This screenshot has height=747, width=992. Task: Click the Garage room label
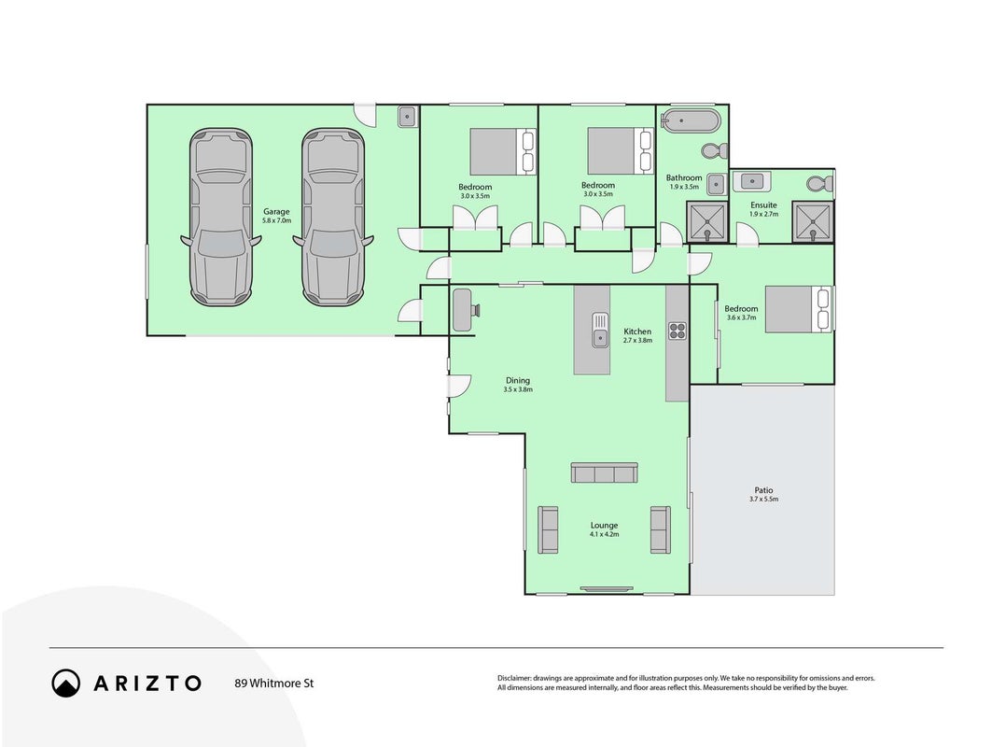point(276,212)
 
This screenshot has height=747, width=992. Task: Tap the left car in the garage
point(220,218)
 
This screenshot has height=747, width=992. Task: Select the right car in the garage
point(333,218)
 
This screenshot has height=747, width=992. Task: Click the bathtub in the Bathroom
point(690,120)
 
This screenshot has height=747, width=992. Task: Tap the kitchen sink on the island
point(600,330)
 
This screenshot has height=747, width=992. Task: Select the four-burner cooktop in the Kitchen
point(678,330)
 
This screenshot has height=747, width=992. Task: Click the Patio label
point(763,490)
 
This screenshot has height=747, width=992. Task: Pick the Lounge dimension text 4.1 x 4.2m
point(604,534)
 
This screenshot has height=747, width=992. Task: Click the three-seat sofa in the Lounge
point(604,472)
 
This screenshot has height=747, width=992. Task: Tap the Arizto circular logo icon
point(66,684)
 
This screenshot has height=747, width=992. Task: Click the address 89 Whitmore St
point(274,684)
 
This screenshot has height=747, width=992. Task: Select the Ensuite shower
point(814,221)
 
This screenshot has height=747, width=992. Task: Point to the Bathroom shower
point(707,221)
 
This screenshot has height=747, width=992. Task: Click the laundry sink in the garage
point(407,117)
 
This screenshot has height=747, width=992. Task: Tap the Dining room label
point(518,380)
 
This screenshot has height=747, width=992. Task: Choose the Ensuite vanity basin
point(751,181)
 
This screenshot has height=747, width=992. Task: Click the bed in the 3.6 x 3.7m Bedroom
point(798,309)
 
